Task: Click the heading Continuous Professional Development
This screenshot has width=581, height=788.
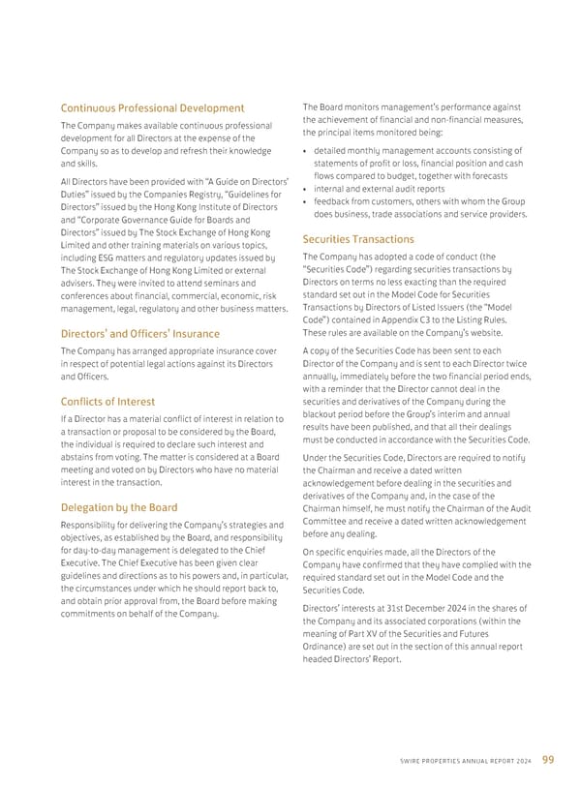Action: coord(152,107)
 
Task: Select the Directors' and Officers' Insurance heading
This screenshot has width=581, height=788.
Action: coord(140,334)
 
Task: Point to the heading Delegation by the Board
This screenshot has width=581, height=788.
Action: coord(119,506)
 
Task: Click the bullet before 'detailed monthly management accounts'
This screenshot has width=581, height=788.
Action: coord(306,151)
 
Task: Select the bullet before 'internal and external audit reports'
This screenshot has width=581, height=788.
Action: coord(306,189)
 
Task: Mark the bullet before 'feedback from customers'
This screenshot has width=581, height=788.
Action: coord(306,201)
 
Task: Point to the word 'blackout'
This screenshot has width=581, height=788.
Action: coord(323,414)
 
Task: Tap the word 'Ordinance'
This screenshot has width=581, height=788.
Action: coord(328,645)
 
